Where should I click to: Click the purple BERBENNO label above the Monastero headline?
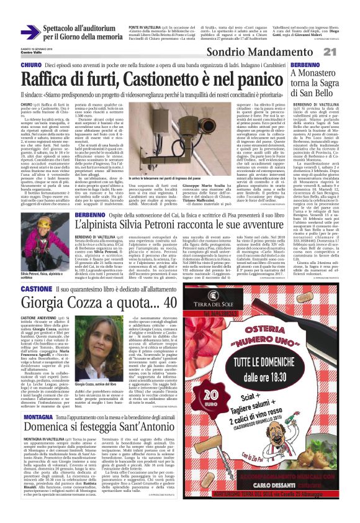[x=288, y=65]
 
